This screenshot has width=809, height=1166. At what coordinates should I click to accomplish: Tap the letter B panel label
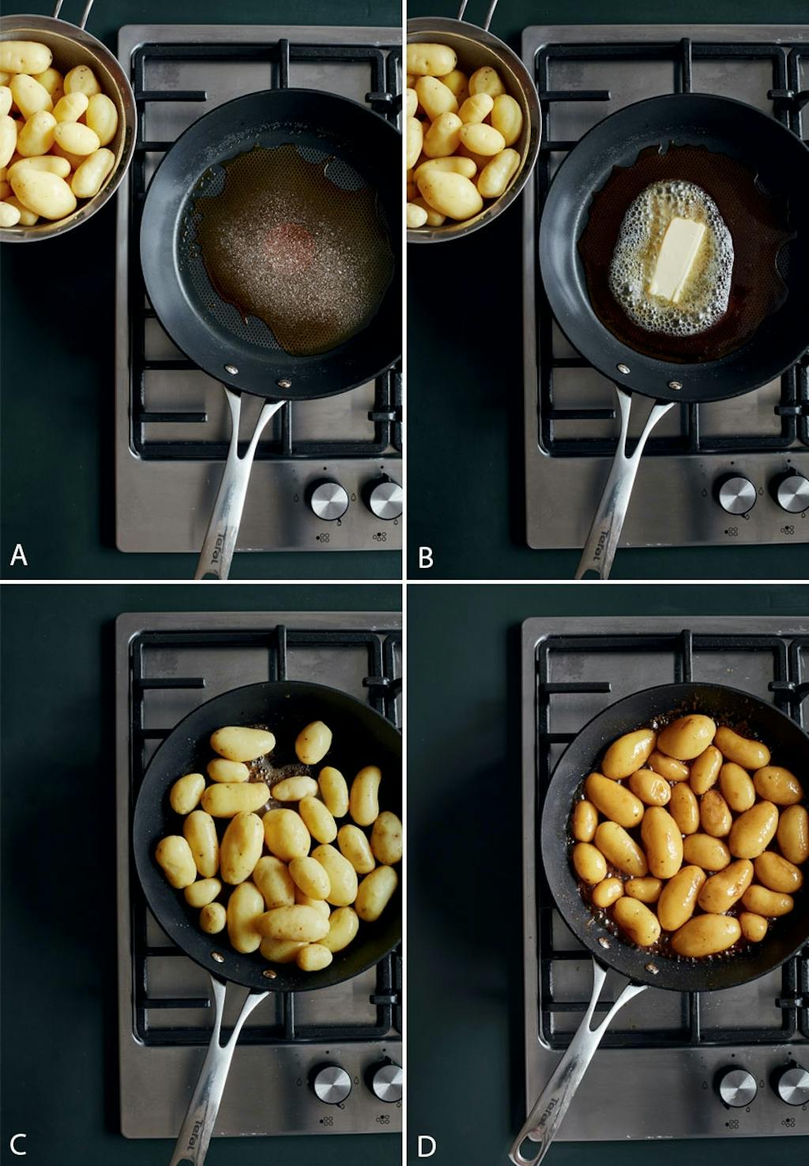point(425,558)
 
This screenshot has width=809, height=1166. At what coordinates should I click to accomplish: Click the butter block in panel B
point(677,258)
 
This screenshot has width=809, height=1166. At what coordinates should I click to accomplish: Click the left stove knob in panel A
point(329,500)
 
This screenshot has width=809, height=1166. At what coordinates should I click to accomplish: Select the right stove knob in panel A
point(386,500)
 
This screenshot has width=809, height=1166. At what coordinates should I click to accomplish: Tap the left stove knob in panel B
point(736,495)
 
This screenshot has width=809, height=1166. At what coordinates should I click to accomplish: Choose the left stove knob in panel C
point(332,1085)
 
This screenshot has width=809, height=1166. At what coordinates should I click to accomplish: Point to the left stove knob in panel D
point(738,1088)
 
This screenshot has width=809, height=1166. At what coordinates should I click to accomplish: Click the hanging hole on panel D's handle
point(527,1147)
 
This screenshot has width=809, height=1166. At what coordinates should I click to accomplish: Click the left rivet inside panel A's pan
point(231,370)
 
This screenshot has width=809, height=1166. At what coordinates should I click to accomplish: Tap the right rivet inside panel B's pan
point(675,386)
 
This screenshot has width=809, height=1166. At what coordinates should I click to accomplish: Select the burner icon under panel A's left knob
point(323,536)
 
